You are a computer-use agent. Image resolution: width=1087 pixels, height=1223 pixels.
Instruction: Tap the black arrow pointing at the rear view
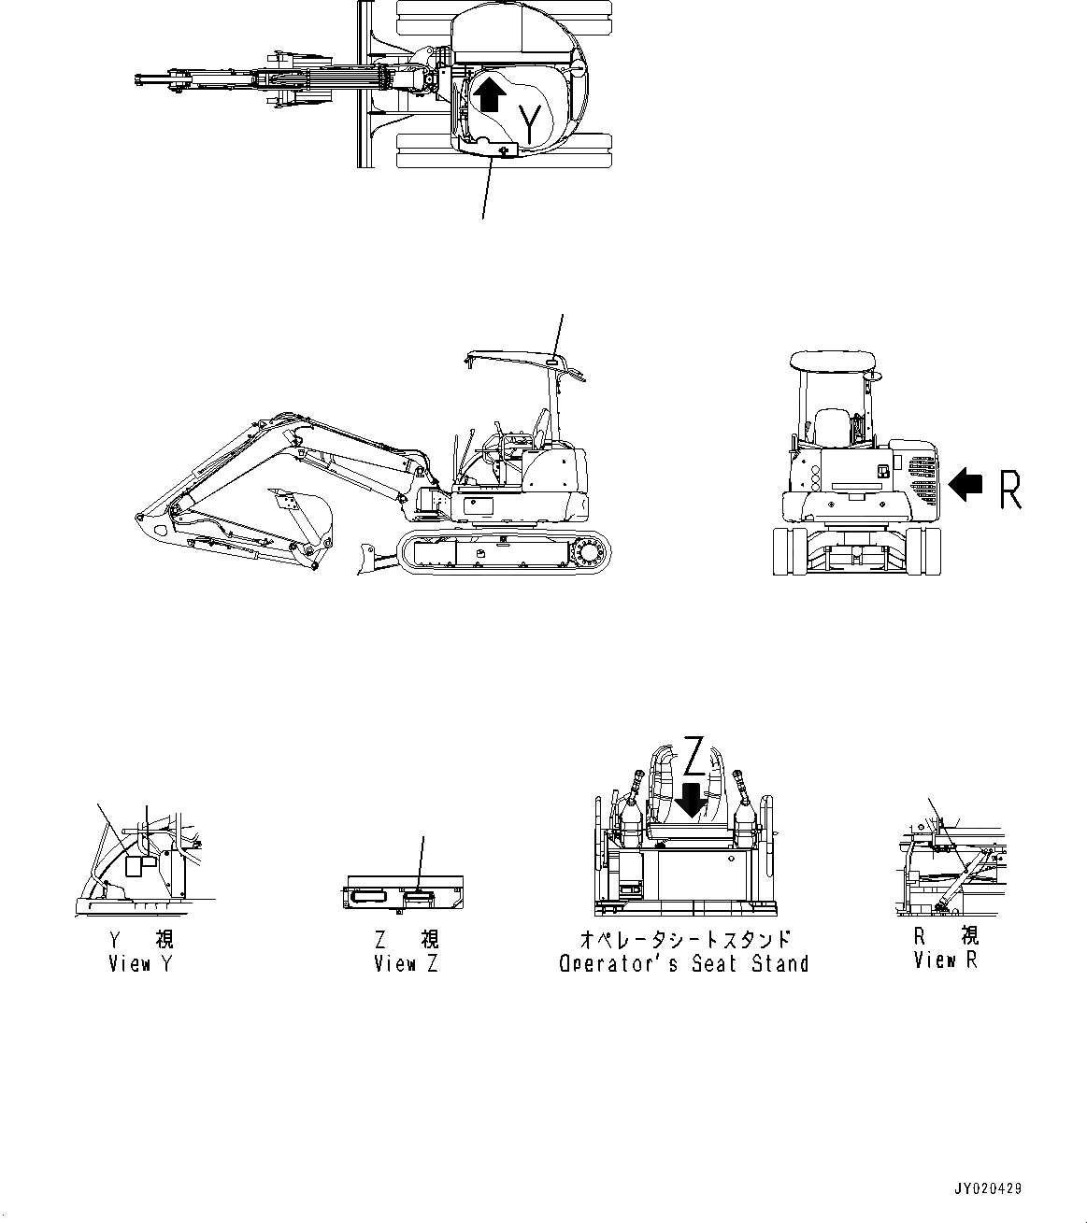(x=965, y=484)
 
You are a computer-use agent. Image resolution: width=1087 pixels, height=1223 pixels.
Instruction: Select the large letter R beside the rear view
(x=1010, y=490)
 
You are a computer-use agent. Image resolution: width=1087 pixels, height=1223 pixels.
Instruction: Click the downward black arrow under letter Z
(x=691, y=800)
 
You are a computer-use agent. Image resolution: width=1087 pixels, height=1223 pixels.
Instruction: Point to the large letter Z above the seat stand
(x=693, y=757)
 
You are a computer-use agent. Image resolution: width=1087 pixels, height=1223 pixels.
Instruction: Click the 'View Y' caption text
(x=140, y=964)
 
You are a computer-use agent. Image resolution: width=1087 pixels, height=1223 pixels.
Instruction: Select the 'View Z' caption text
(x=405, y=964)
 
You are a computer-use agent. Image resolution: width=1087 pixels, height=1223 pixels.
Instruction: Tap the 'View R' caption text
(x=945, y=960)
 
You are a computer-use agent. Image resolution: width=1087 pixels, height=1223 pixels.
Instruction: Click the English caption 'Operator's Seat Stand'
(x=683, y=964)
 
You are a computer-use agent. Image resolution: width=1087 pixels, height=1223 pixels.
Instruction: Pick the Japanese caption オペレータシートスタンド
(x=684, y=939)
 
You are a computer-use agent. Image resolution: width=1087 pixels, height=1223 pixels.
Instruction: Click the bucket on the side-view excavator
(x=306, y=519)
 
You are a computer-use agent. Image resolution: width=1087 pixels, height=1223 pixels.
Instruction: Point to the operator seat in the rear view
(x=830, y=427)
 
